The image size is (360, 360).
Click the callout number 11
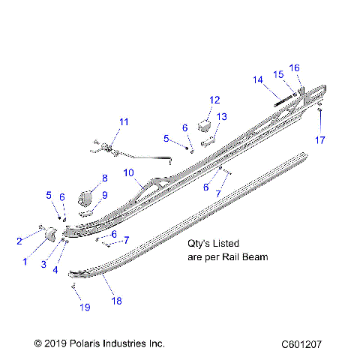point(124,121)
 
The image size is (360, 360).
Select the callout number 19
point(84,307)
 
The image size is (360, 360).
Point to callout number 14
point(257,79)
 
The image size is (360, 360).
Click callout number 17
point(320,139)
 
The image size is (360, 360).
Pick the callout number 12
point(214,100)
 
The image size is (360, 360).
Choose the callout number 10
point(128,172)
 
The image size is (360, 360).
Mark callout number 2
point(19,241)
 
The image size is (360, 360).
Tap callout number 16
point(294,67)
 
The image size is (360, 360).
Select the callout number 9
point(105,195)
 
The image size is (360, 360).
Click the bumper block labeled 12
point(202,119)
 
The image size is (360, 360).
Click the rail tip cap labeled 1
point(52,235)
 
